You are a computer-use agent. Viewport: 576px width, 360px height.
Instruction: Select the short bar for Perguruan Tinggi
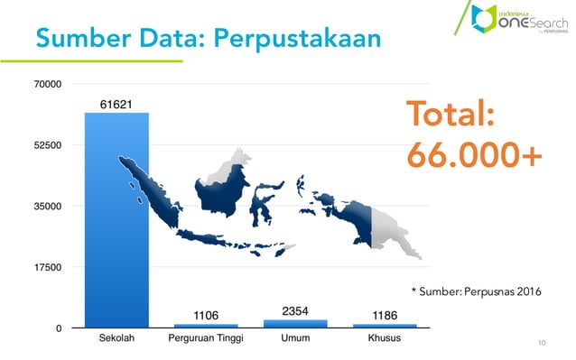(206, 325)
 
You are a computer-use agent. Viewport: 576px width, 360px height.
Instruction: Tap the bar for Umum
(295, 323)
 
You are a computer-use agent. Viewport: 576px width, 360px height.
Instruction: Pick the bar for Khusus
(385, 325)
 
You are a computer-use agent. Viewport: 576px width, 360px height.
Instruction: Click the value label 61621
(116, 104)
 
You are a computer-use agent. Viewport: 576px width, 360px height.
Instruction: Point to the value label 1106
(206, 315)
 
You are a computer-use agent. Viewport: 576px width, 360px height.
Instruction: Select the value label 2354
(295, 311)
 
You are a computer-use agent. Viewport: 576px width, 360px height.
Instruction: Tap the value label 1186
(385, 315)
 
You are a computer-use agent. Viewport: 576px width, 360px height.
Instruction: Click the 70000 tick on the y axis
(48, 84)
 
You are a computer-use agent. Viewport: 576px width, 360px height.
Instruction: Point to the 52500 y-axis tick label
(48, 145)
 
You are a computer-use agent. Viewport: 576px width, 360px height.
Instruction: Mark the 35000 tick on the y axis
(48, 207)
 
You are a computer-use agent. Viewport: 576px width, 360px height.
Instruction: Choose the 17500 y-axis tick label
(48, 268)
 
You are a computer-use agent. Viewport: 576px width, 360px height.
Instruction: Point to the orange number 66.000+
(474, 155)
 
